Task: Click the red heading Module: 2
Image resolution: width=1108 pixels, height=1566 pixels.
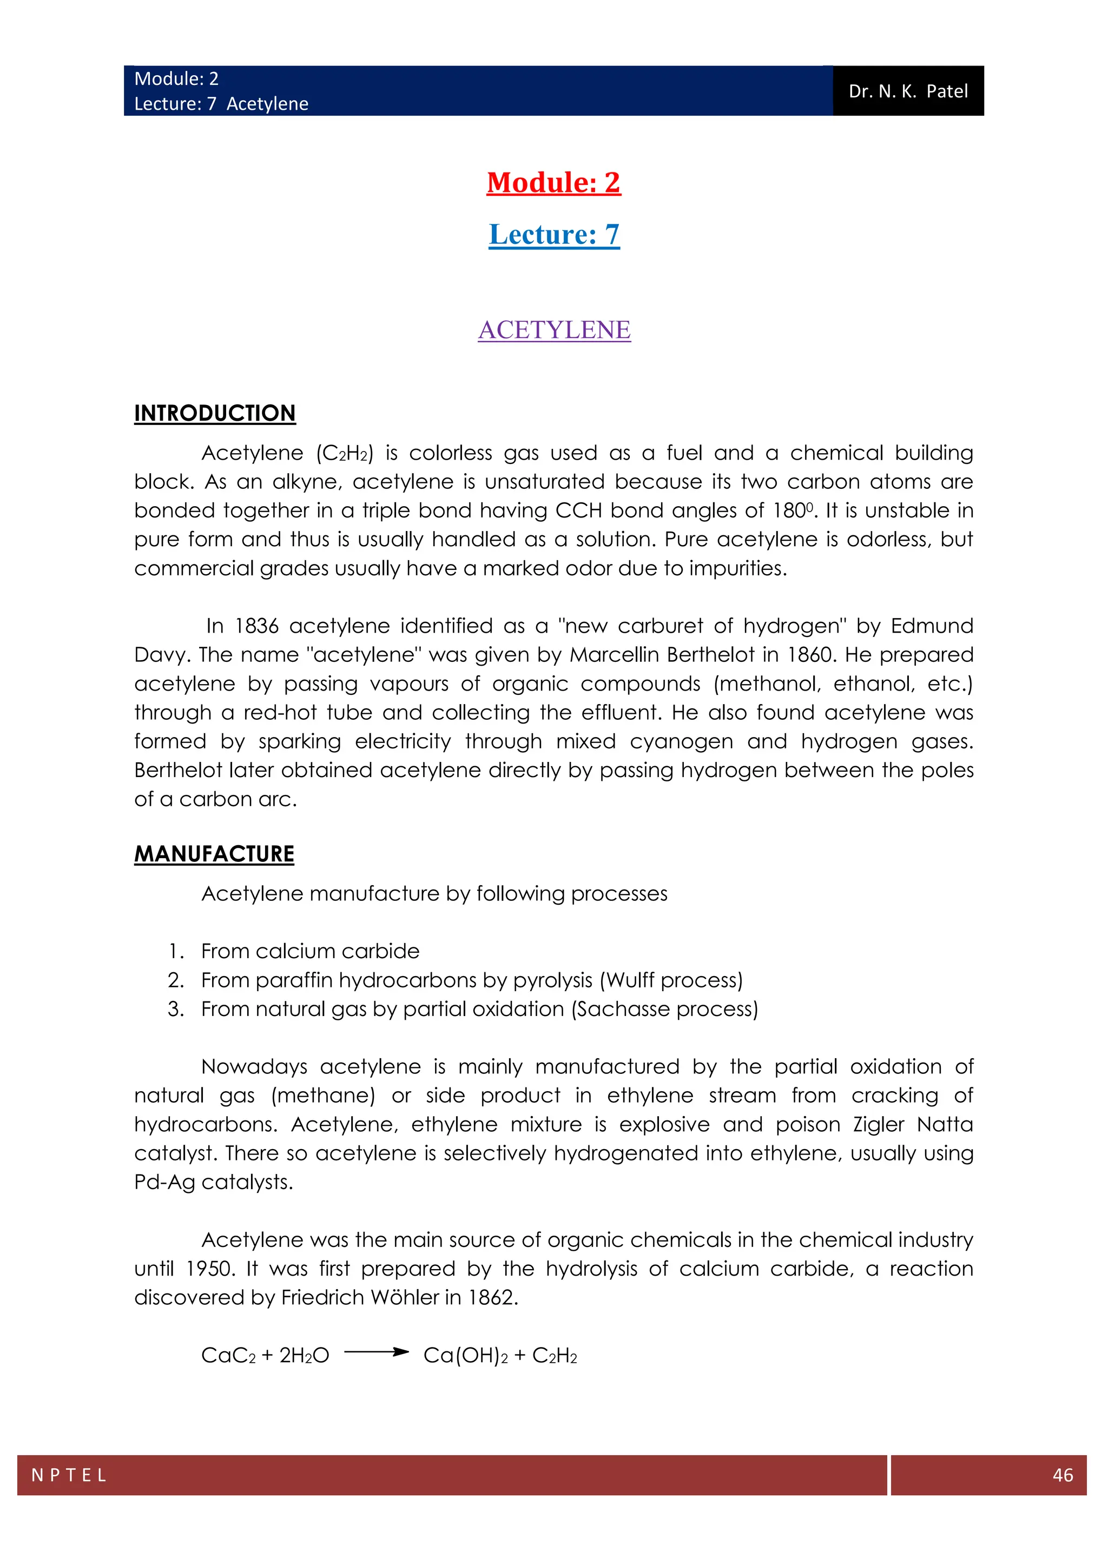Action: coord(553,182)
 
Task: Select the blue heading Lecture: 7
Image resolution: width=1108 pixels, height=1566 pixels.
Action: coord(554,234)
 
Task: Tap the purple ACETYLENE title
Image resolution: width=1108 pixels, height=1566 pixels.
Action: coord(554,329)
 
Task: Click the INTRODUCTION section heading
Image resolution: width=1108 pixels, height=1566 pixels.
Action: coord(215,413)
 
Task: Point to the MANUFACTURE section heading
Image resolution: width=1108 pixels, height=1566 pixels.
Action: coord(214,854)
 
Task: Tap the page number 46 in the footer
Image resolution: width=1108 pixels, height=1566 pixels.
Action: coord(1063,1475)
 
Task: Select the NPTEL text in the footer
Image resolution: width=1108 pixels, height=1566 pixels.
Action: coord(69,1475)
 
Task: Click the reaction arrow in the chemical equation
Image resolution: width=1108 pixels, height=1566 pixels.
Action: coord(376,1352)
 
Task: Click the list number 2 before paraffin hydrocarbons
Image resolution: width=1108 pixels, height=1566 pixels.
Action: coord(175,980)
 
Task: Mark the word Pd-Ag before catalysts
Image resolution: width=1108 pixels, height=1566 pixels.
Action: coord(164,1182)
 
